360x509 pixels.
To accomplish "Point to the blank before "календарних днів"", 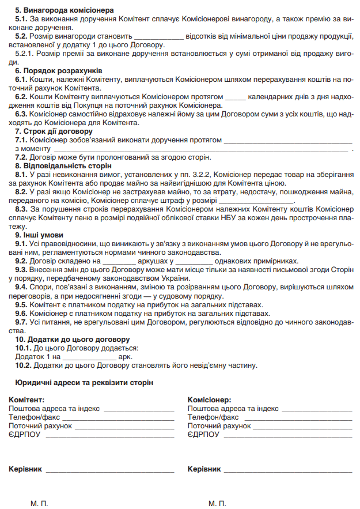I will (x=236, y=98).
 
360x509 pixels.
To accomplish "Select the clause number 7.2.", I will (x=21, y=157).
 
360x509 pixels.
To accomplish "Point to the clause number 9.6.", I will (x=21, y=314).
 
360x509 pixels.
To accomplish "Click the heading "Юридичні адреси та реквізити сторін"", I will (x=81, y=382).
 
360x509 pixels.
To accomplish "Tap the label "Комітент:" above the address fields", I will (x=26, y=399).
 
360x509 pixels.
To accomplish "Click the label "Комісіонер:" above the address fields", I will (x=210, y=399).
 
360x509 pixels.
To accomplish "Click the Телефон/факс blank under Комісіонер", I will (x=297, y=417).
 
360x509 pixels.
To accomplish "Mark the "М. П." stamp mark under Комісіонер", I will (x=217, y=503).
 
